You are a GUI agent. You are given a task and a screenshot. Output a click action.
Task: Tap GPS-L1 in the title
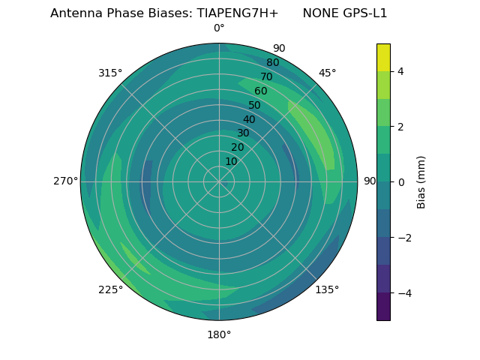[x=363, y=13]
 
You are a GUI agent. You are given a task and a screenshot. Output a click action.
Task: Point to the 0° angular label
[x=219, y=28]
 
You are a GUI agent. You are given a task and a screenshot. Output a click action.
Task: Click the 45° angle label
[x=327, y=73]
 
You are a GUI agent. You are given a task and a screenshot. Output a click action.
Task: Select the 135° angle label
[x=327, y=289]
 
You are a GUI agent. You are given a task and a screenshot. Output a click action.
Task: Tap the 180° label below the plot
[x=219, y=334]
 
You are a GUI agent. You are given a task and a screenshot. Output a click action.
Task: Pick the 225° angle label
[x=110, y=290]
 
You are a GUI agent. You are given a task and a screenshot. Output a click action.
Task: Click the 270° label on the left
[x=65, y=181]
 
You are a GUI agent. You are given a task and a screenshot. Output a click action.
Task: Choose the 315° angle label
[x=110, y=73]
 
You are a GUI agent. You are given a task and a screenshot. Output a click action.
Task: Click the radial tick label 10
[x=231, y=161]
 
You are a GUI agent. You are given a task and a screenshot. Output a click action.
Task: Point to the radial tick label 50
[x=255, y=106]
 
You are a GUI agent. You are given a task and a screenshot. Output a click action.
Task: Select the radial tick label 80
[x=273, y=63]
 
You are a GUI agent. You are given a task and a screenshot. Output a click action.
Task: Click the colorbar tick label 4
[x=401, y=71]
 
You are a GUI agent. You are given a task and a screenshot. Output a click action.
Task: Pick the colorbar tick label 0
[x=401, y=182]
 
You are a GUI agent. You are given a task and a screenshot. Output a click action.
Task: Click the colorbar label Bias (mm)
[x=421, y=182]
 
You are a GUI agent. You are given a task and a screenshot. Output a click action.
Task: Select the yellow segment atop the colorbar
[x=383, y=57]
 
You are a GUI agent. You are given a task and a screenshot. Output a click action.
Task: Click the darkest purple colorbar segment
[x=383, y=307]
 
